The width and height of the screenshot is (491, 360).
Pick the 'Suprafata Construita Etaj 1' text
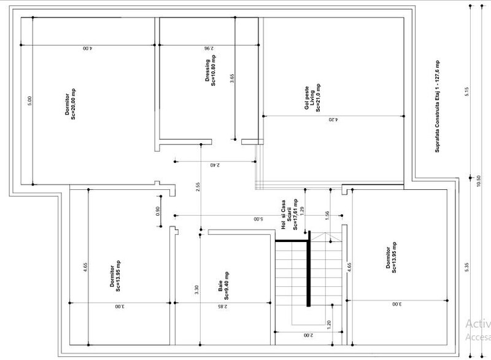point(437,106)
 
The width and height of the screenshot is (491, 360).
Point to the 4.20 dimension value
point(332,119)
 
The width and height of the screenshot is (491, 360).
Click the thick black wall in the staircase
point(309,270)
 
